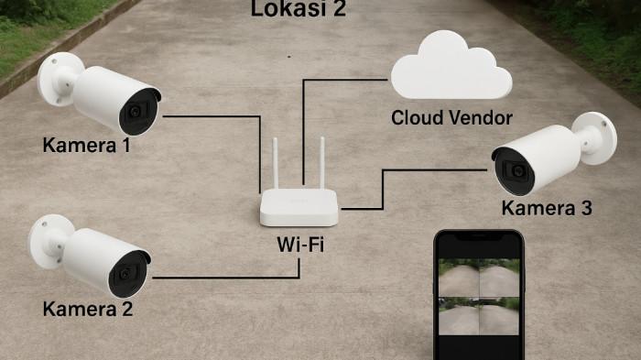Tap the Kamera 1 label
[86, 145]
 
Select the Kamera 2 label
[88, 309]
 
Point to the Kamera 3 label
[547, 208]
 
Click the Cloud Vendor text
[451, 117]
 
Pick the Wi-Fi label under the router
[300, 245]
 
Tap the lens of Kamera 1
[137, 112]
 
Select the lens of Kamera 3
[516, 171]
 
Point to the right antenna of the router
[323, 164]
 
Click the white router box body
[299, 208]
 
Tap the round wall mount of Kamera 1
[58, 78]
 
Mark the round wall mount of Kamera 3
[597, 136]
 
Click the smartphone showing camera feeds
[478, 295]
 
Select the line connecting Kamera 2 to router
[220, 277]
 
